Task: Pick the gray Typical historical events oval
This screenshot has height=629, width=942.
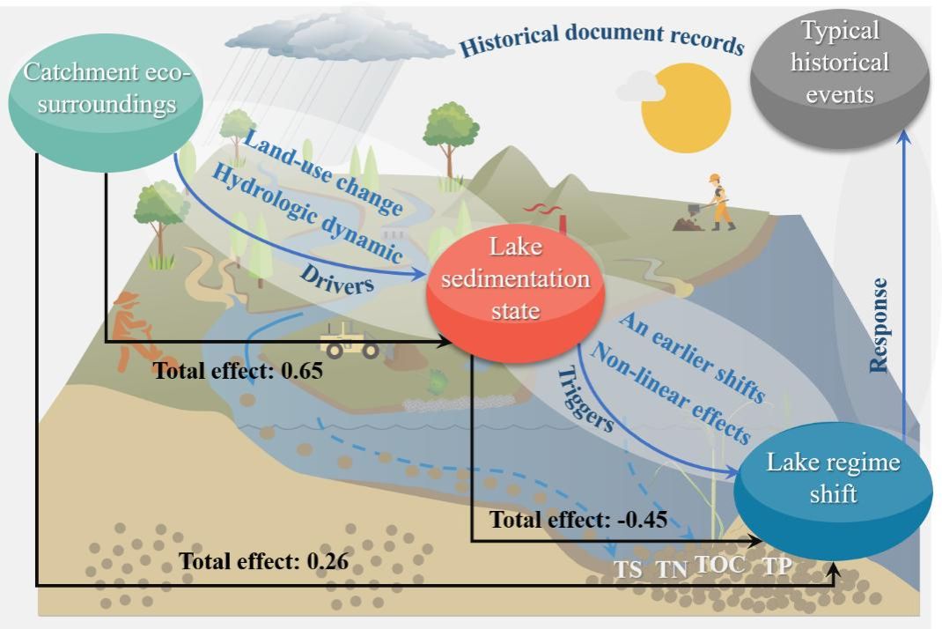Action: click(840, 64)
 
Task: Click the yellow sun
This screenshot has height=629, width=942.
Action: click(686, 109)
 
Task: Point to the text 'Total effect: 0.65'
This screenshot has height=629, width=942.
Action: click(239, 370)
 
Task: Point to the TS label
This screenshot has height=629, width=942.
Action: click(628, 569)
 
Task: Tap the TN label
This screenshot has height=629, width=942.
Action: click(673, 569)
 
